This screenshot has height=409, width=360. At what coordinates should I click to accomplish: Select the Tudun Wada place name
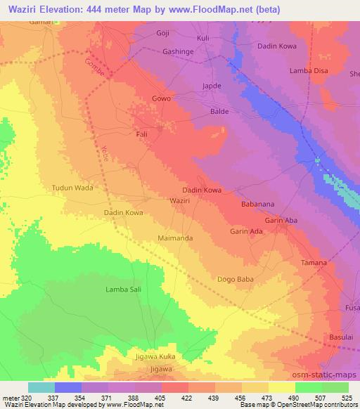[x=72, y=188]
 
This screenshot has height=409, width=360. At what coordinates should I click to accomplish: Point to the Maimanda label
[x=174, y=238]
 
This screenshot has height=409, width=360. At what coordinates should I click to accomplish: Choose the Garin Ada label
[x=247, y=231]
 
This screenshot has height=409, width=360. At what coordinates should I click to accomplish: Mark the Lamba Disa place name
[x=309, y=70]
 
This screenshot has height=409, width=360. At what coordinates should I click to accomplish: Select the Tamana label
[x=314, y=262]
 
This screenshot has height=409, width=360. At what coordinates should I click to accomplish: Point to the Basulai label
[x=342, y=338]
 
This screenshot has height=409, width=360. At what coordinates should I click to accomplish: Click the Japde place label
[x=212, y=86]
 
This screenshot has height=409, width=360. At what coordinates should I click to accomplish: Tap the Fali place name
[x=141, y=132]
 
